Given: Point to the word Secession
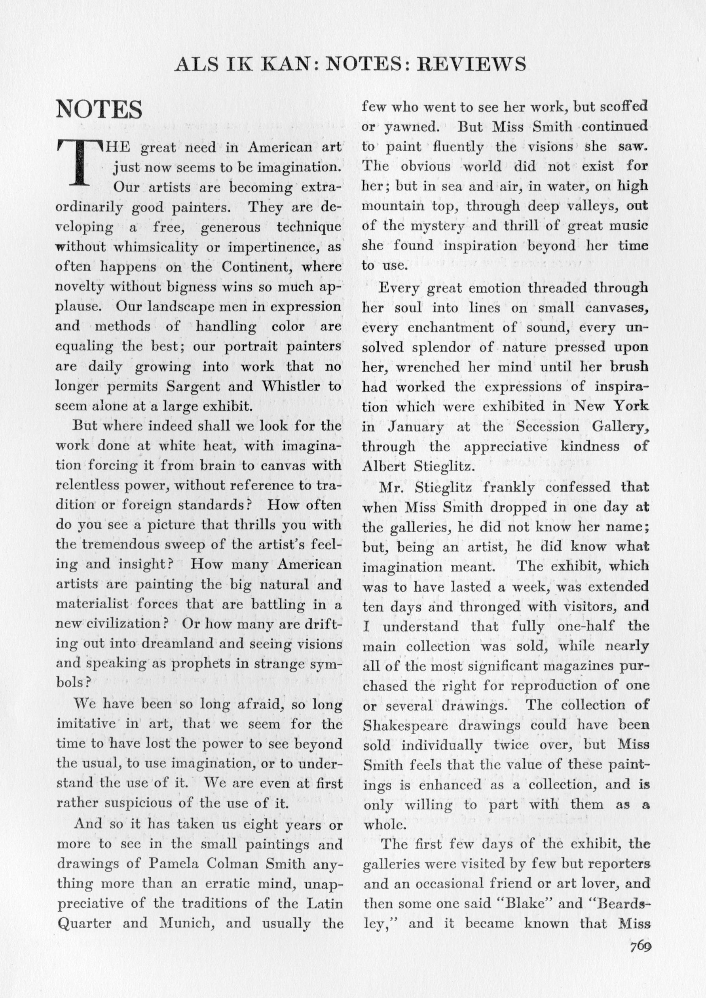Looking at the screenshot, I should (x=547, y=427).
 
